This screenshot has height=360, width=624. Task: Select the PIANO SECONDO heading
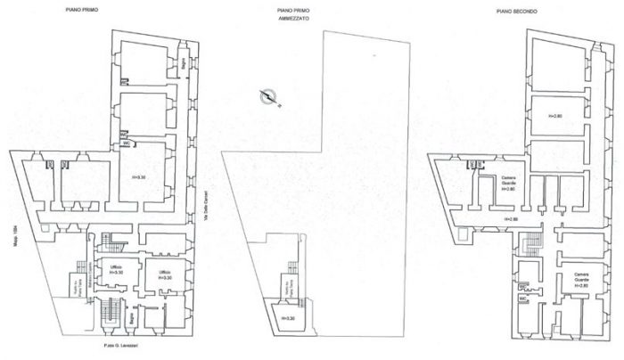(x=523, y=10)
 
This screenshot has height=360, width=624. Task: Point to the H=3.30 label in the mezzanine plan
(x=286, y=318)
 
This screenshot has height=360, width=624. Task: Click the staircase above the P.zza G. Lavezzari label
(x=111, y=313)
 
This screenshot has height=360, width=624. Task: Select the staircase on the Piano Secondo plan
(x=534, y=241)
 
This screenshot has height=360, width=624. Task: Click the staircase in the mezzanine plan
(x=290, y=277)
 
